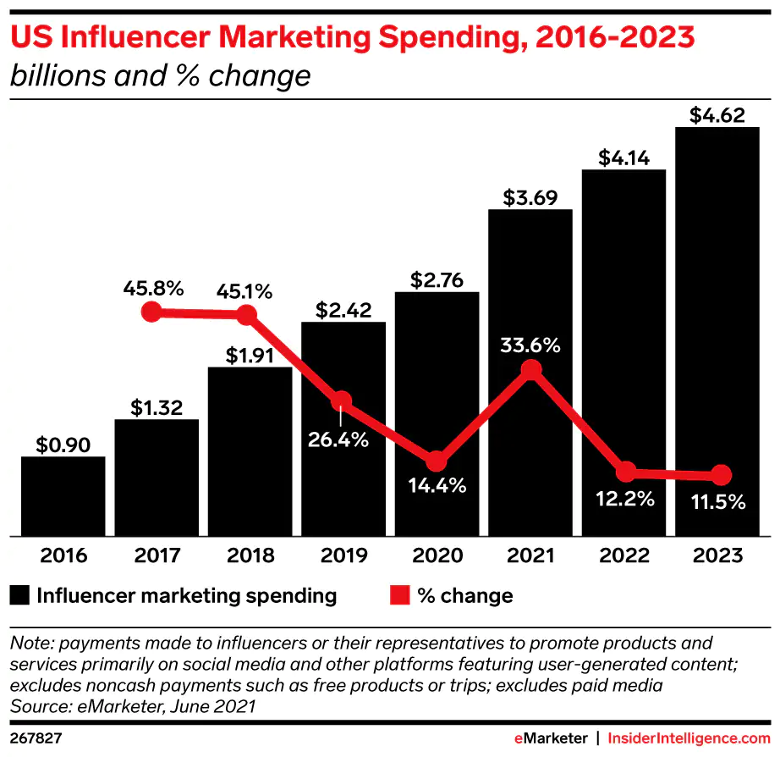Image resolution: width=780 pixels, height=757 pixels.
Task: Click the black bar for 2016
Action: [x=63, y=496]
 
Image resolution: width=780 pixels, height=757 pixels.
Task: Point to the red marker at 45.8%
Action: [x=151, y=312]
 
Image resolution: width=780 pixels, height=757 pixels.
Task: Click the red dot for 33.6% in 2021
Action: [x=530, y=370]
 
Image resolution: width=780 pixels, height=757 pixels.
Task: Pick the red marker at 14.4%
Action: [x=436, y=461]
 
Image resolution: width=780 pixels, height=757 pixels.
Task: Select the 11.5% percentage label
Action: [x=717, y=501]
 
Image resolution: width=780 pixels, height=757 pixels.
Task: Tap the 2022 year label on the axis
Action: [x=623, y=556]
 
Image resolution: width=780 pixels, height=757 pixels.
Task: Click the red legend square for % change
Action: [x=399, y=595]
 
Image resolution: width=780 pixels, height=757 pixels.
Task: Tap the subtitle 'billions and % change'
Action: [x=160, y=76]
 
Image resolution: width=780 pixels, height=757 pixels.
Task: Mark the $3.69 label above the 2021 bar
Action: [x=530, y=198]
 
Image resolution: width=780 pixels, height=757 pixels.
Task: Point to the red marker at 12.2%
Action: [x=625, y=472]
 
